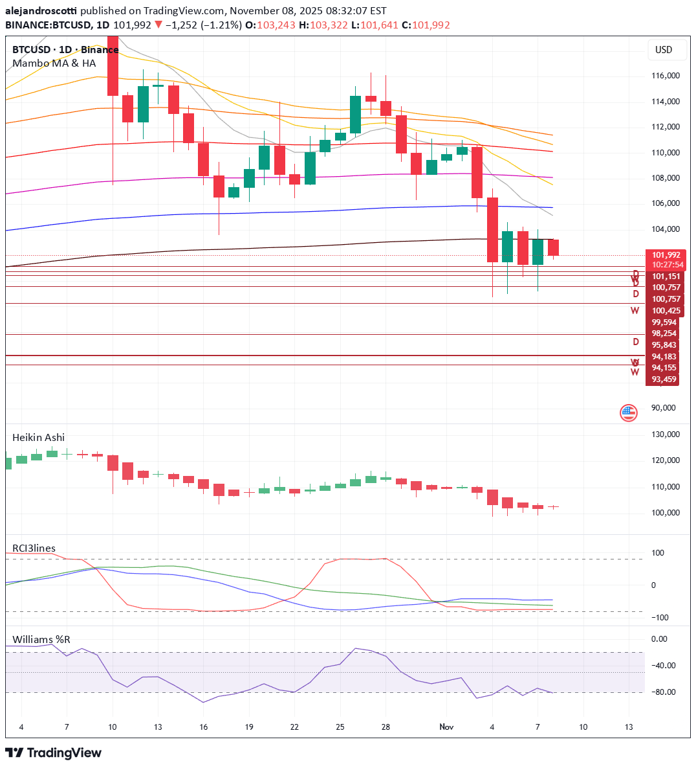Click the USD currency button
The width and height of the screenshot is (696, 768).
coord(664,50)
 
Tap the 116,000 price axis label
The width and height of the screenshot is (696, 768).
coord(665,76)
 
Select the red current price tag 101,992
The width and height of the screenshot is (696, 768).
coord(665,255)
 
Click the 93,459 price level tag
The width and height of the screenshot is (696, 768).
coord(664,379)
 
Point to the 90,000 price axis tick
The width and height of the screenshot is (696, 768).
coord(664,408)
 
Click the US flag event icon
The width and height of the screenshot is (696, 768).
coord(628,412)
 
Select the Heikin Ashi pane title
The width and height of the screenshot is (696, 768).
coord(39,438)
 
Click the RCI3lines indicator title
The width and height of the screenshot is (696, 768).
coord(34,548)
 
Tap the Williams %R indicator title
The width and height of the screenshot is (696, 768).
coord(41,640)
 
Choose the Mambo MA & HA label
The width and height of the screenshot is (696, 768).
coord(54,63)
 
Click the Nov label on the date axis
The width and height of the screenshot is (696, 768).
coord(446,727)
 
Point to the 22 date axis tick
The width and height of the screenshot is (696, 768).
coord(294,727)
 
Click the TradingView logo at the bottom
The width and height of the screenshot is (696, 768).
coord(54,752)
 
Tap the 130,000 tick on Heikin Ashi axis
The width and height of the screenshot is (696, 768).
coord(665,435)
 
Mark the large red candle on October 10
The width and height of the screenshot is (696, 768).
coord(113,65)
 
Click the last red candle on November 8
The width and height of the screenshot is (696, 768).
coord(553,247)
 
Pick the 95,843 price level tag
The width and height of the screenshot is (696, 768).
coord(664,345)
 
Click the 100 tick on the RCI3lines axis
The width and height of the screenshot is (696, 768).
coord(657,553)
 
